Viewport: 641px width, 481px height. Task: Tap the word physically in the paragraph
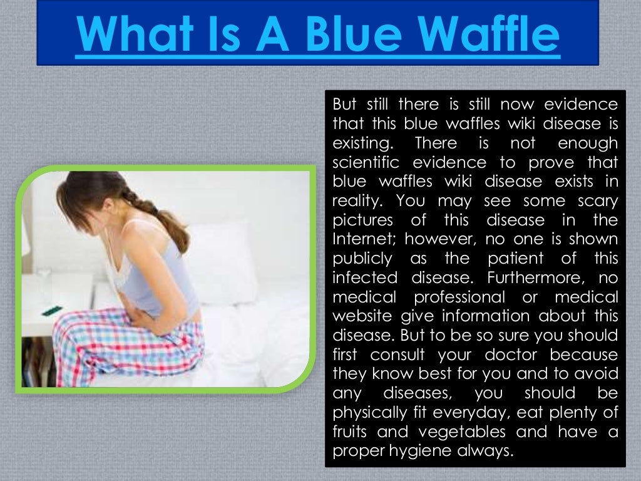point(371,413)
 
